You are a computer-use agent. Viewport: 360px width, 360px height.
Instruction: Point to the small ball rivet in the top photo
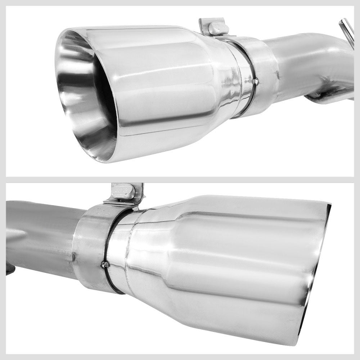click(256, 82)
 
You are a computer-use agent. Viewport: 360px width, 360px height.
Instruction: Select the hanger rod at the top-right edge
click(346, 30)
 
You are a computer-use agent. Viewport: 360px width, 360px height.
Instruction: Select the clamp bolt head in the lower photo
click(123, 192)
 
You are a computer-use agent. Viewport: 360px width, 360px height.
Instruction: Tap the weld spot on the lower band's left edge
click(74, 256)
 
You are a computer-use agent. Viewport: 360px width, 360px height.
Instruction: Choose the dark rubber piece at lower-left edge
click(10, 268)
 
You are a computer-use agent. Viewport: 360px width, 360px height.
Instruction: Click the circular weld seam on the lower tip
click(128, 252)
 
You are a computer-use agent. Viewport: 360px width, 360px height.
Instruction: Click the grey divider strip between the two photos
click(180, 179)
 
